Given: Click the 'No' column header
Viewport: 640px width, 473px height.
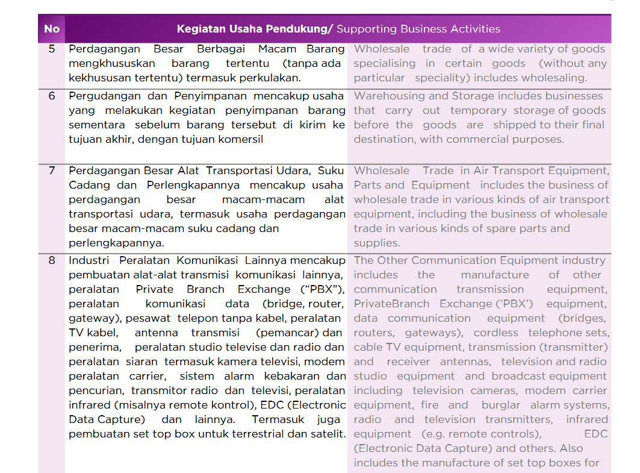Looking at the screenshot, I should coord(52,29).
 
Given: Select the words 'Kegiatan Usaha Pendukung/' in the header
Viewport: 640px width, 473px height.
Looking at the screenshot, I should coord(255,29).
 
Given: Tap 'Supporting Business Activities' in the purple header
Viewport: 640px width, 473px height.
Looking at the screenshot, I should coord(418,29).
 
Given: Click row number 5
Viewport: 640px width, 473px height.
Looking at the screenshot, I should coord(52,49).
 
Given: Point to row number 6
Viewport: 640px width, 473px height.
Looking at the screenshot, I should coord(52,96).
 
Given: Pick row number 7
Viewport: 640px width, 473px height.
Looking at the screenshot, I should coord(52,171).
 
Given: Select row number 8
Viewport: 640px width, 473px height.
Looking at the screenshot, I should coord(52,260).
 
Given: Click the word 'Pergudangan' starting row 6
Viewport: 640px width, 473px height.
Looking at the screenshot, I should coord(96,96).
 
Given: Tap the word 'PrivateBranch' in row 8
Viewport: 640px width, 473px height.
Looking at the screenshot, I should coord(392,304).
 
